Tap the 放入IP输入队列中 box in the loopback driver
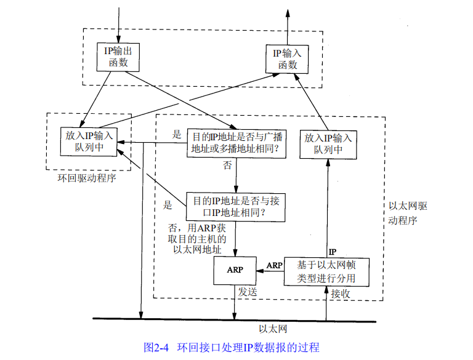tap(89, 142)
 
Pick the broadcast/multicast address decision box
tap(236, 143)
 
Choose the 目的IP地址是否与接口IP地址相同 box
tap(236, 206)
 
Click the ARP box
tap(234, 270)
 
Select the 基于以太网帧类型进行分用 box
tap(328, 271)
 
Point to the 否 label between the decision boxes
tap(227, 165)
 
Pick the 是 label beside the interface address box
tap(168, 205)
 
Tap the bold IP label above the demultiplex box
tap(333, 252)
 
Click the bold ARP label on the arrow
tap(274, 265)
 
